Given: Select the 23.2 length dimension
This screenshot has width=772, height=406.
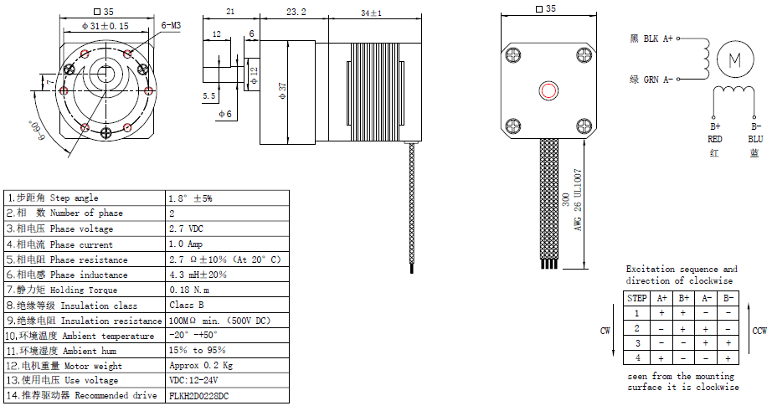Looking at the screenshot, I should click(x=296, y=13).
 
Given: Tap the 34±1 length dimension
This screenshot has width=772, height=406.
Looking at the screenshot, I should click(x=371, y=13).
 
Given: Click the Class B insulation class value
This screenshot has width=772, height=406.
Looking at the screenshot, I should click(x=187, y=306).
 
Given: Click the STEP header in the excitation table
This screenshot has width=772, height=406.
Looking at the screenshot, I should click(x=637, y=298).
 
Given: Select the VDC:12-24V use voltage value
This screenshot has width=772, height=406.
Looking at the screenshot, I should click(x=198, y=380).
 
